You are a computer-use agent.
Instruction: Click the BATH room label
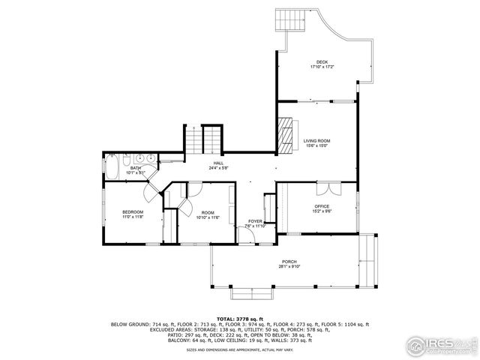point(135,168)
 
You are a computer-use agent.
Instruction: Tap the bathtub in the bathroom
point(112,168)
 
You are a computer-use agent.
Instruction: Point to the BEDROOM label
point(133,212)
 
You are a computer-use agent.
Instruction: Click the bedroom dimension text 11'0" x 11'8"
point(133,217)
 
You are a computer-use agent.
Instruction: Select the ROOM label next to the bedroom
point(207,212)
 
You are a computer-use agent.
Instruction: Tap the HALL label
point(218,163)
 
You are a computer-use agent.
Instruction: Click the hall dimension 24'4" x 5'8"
point(218,168)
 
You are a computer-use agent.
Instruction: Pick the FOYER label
point(256,221)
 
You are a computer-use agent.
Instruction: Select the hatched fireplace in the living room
point(285,133)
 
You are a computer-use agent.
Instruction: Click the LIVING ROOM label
point(316,140)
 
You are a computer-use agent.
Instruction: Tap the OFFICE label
point(322,206)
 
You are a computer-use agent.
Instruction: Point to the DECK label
point(322,62)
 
